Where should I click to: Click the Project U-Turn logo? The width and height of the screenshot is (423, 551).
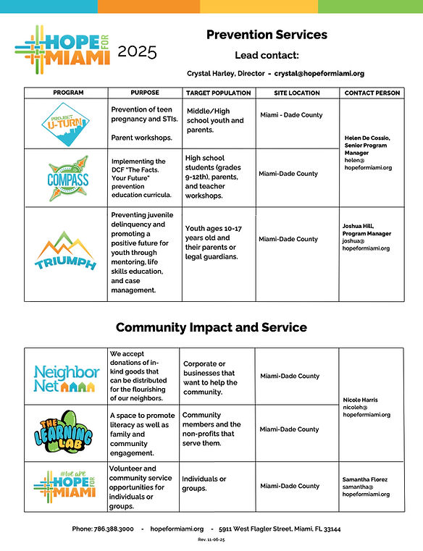66,124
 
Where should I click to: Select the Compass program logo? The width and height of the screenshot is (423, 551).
66,177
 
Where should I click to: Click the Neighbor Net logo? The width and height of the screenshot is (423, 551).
66,378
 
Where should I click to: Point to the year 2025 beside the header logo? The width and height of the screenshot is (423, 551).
136,51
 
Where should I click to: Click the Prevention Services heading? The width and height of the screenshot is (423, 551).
267,34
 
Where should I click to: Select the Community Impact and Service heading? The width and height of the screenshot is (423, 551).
211,327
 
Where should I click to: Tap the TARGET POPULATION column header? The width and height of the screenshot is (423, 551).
218,93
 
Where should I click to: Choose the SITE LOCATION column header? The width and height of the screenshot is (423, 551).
296,93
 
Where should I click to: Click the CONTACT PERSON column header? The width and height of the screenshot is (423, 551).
372,93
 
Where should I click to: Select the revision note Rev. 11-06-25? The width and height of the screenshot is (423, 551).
211,541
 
